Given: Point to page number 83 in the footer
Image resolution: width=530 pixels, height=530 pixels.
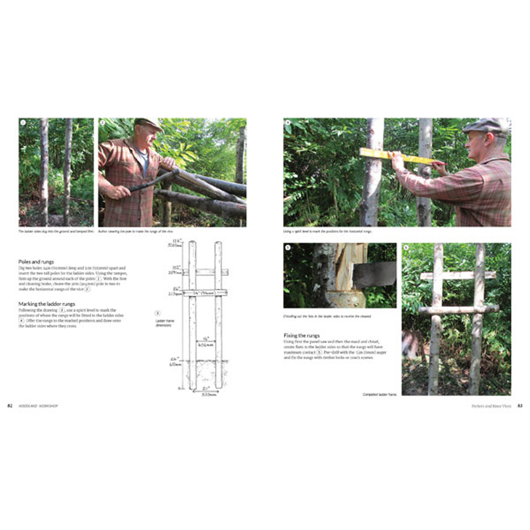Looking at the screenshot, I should click(x=520, y=405).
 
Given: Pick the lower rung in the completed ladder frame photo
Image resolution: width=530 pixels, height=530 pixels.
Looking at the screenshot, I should click(x=458, y=309).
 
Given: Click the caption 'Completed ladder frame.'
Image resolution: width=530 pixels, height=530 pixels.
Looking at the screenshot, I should click(x=378, y=395).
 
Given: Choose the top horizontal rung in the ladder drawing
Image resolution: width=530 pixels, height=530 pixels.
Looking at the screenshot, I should click(x=205, y=272).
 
